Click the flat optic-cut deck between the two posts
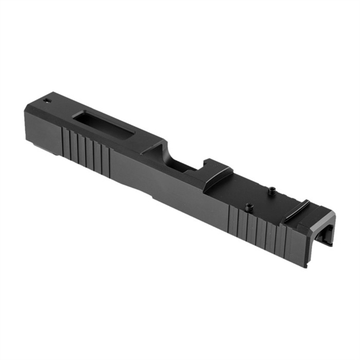pos(259,199)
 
